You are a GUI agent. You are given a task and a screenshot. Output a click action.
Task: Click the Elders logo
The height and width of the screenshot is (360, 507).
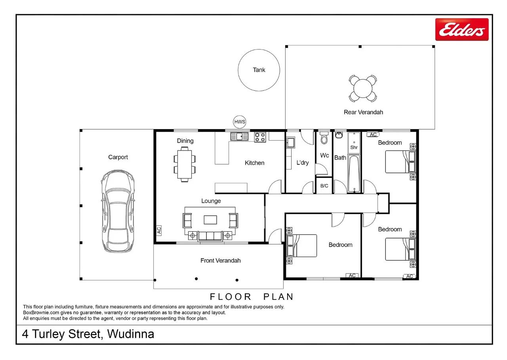[462, 29]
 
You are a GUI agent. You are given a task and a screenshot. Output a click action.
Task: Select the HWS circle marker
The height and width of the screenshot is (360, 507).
[240, 122]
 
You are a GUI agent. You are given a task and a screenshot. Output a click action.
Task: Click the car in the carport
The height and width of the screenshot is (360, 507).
[118, 211]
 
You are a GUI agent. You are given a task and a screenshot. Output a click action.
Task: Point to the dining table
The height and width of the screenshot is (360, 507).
[185, 164]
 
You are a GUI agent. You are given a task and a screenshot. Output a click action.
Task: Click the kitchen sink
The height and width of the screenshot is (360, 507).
[239, 137]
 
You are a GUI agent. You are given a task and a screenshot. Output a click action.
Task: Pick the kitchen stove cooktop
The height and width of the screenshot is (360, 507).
[260, 137]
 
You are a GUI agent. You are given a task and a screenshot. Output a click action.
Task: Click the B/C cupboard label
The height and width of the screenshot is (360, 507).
[324, 186]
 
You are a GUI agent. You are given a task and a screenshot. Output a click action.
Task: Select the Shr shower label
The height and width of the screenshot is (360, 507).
[354, 147]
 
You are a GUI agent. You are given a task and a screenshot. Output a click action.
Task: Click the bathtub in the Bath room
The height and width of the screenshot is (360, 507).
[354, 173]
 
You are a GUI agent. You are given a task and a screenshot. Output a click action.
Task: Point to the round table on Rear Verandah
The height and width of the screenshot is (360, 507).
[363, 88]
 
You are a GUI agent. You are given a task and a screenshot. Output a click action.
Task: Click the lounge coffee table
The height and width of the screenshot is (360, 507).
[210, 220]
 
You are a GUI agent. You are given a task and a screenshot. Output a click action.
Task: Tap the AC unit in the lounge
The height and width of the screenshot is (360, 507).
[159, 230]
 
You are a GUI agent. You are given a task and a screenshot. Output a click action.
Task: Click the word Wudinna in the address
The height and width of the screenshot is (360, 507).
[131, 334]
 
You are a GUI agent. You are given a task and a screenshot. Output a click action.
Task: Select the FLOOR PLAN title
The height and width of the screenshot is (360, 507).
[252, 297]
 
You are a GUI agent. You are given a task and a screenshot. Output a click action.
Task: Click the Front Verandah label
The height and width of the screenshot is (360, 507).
[221, 261]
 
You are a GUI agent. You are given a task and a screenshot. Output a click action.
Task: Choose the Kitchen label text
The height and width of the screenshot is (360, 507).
[254, 163]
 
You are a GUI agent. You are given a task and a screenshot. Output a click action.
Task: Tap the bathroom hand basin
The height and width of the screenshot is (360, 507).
[339, 135]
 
